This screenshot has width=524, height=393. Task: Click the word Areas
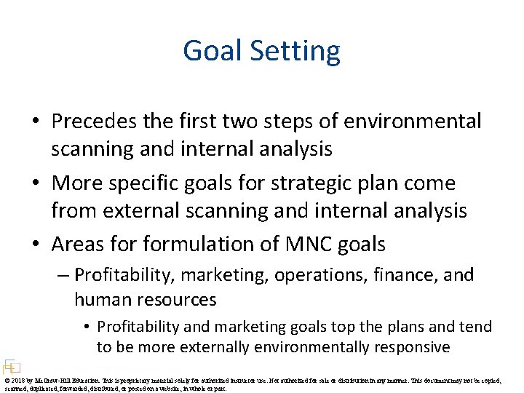coord(80,245)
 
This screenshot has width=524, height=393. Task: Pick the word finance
coord(409,275)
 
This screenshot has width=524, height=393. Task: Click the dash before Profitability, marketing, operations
coord(64,275)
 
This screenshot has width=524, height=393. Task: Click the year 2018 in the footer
coord(18,379)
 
